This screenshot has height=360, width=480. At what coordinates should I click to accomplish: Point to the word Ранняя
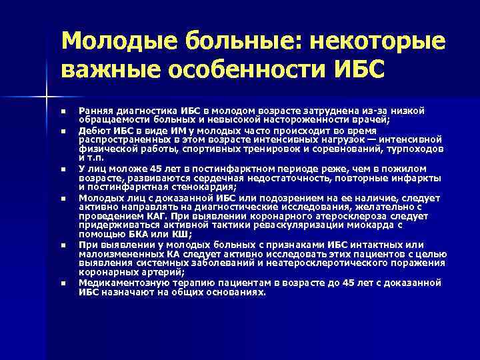coord(95,110)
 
